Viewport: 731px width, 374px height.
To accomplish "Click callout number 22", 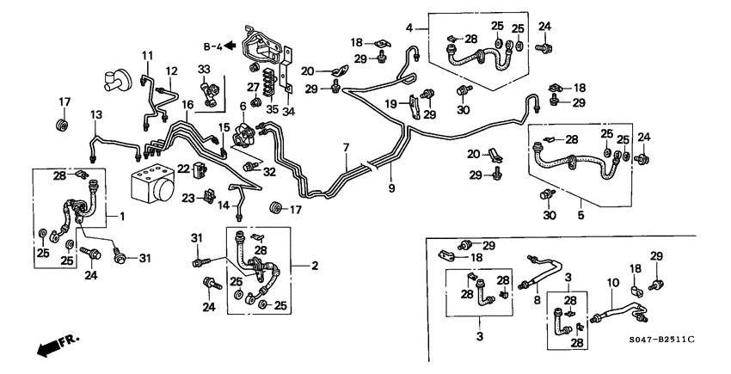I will (x=182, y=168).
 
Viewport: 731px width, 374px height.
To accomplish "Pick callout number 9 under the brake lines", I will (x=392, y=188).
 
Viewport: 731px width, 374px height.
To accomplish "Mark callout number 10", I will (x=613, y=283).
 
